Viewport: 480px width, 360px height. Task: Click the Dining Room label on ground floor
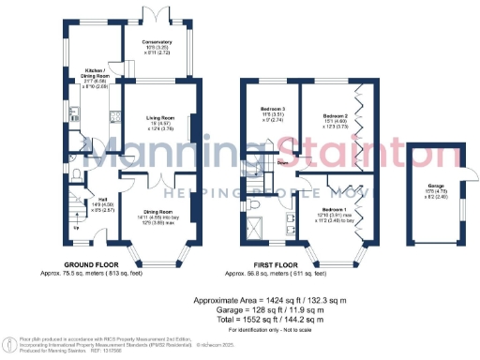tap(157, 213)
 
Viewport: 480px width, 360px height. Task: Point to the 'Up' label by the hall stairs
tap(75, 228)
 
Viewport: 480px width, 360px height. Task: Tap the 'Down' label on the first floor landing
tap(281, 163)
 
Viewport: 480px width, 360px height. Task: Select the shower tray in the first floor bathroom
tap(256, 228)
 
